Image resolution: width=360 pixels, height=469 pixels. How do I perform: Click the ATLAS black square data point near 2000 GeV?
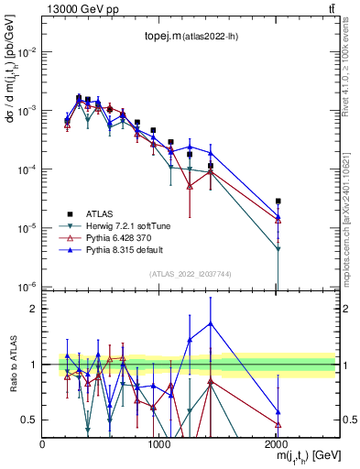pos(278,201)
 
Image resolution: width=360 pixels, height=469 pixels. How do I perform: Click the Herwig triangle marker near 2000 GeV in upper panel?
pos(278,248)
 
